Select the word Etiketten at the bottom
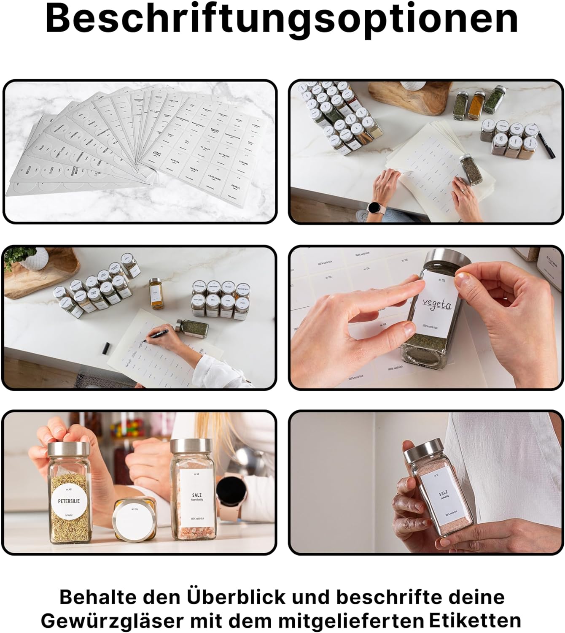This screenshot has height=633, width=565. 475,621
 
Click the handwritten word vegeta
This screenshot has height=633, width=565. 437,303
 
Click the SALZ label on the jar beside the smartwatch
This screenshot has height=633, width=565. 196,498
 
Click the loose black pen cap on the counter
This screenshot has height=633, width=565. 106,348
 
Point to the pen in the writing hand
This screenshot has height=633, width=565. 156,333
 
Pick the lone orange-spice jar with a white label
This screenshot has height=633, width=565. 155,291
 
